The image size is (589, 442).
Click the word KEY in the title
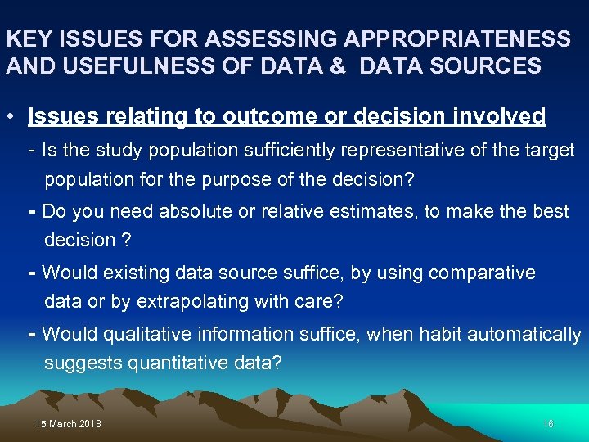(x=25, y=39)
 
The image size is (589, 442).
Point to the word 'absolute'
(x=195, y=211)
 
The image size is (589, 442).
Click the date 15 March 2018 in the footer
(x=69, y=424)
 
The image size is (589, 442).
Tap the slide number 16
(x=548, y=424)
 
